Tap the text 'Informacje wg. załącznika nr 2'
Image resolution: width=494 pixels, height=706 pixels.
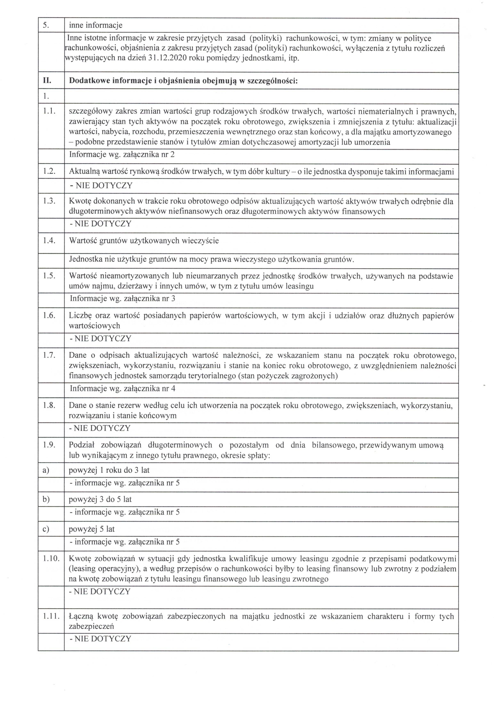point(122,154)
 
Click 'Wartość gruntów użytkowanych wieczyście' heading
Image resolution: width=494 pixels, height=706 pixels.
point(144,241)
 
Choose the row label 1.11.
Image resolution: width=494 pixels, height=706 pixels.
point(51,616)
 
